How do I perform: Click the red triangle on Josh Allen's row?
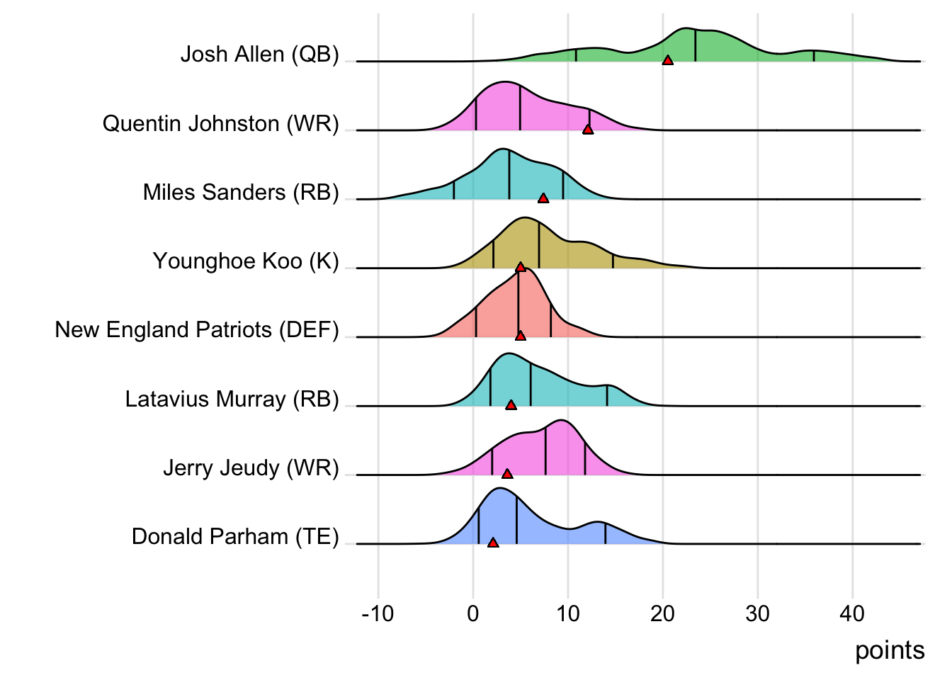tap(667, 61)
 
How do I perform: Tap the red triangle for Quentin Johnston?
tap(587, 129)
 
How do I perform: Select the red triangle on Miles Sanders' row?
tap(543, 198)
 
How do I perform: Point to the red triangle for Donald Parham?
tap(493, 543)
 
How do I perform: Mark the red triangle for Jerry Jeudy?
tap(506, 474)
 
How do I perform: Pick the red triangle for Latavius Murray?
tap(511, 405)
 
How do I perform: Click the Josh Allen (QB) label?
tap(259, 55)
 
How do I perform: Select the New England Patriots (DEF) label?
tap(197, 330)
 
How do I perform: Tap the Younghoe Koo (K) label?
tap(246, 261)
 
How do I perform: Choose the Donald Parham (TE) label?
tap(235, 537)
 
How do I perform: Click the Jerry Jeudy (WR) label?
tap(251, 468)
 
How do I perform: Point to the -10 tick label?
tap(378, 613)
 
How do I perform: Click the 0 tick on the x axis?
tap(473, 613)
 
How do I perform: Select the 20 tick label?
tap(662, 613)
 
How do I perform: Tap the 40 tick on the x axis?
tap(852, 613)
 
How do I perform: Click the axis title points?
tap(890, 650)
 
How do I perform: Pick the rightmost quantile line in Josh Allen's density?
tap(814, 56)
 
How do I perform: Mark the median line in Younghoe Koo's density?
tap(539, 245)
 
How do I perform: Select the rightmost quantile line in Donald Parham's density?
tap(605, 533)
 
